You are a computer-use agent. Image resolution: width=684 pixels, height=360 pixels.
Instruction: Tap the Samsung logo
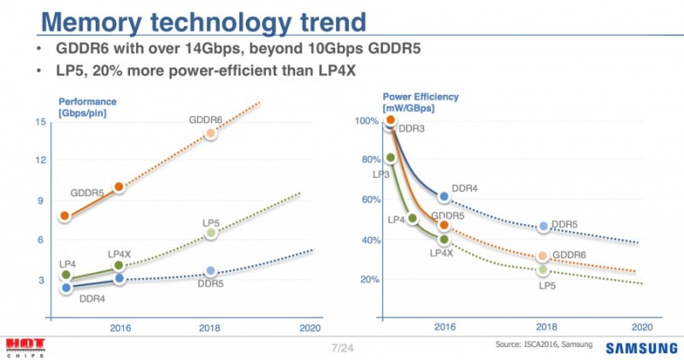coord(642,348)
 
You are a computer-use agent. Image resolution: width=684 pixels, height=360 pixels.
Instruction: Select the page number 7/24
coord(342,347)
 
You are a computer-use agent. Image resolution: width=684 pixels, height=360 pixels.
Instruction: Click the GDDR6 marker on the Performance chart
coord(211,133)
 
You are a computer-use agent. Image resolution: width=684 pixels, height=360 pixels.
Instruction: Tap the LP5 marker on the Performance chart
coord(211,233)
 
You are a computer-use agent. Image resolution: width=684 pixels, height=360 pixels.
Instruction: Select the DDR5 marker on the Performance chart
coord(211,271)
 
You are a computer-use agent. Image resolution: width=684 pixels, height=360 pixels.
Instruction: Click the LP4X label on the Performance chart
coord(120,254)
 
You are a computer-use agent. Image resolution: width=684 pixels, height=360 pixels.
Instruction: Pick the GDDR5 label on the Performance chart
coord(87,193)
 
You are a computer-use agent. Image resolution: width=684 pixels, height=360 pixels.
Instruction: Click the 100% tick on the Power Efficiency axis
coord(365,121)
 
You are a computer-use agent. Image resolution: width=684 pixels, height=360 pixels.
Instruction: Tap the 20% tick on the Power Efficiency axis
coord(368,280)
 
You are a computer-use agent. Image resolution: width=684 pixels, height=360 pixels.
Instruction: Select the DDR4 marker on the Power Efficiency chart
coord(443,197)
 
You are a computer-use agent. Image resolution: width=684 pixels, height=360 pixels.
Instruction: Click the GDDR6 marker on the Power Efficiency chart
coord(541,257)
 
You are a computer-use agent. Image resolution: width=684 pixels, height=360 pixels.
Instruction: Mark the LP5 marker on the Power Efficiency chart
coord(541,270)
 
